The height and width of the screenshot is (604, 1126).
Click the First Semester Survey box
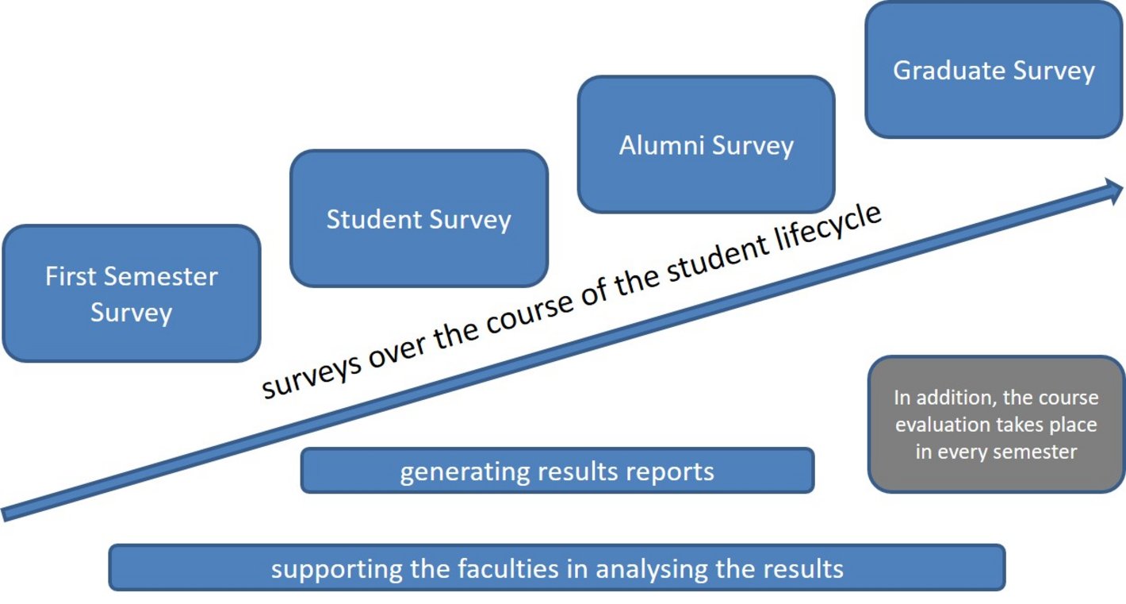point(131,294)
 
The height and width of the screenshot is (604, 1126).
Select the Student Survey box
point(419,218)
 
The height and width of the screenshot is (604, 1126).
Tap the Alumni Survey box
point(706,145)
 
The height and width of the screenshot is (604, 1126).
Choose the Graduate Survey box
point(994,70)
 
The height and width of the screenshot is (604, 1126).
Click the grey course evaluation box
point(996,424)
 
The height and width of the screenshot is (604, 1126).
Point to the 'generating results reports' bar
point(557,471)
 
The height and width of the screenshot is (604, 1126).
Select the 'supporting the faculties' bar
point(557,568)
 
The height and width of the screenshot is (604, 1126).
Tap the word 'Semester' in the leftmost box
point(162,276)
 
